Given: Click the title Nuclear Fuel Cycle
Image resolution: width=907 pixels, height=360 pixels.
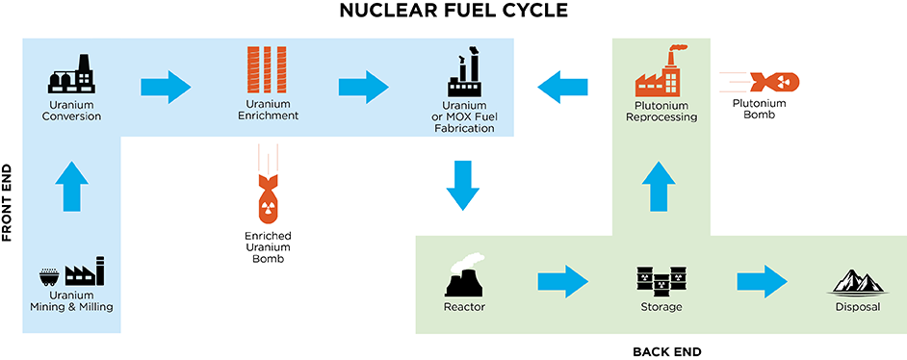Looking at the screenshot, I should pos(453,13).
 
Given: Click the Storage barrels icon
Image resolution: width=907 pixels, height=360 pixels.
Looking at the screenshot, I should pos(661,280).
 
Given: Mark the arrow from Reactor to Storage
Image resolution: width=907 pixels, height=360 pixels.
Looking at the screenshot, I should pos(562,282).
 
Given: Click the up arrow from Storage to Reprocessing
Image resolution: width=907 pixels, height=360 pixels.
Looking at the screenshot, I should pos(661,185).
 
